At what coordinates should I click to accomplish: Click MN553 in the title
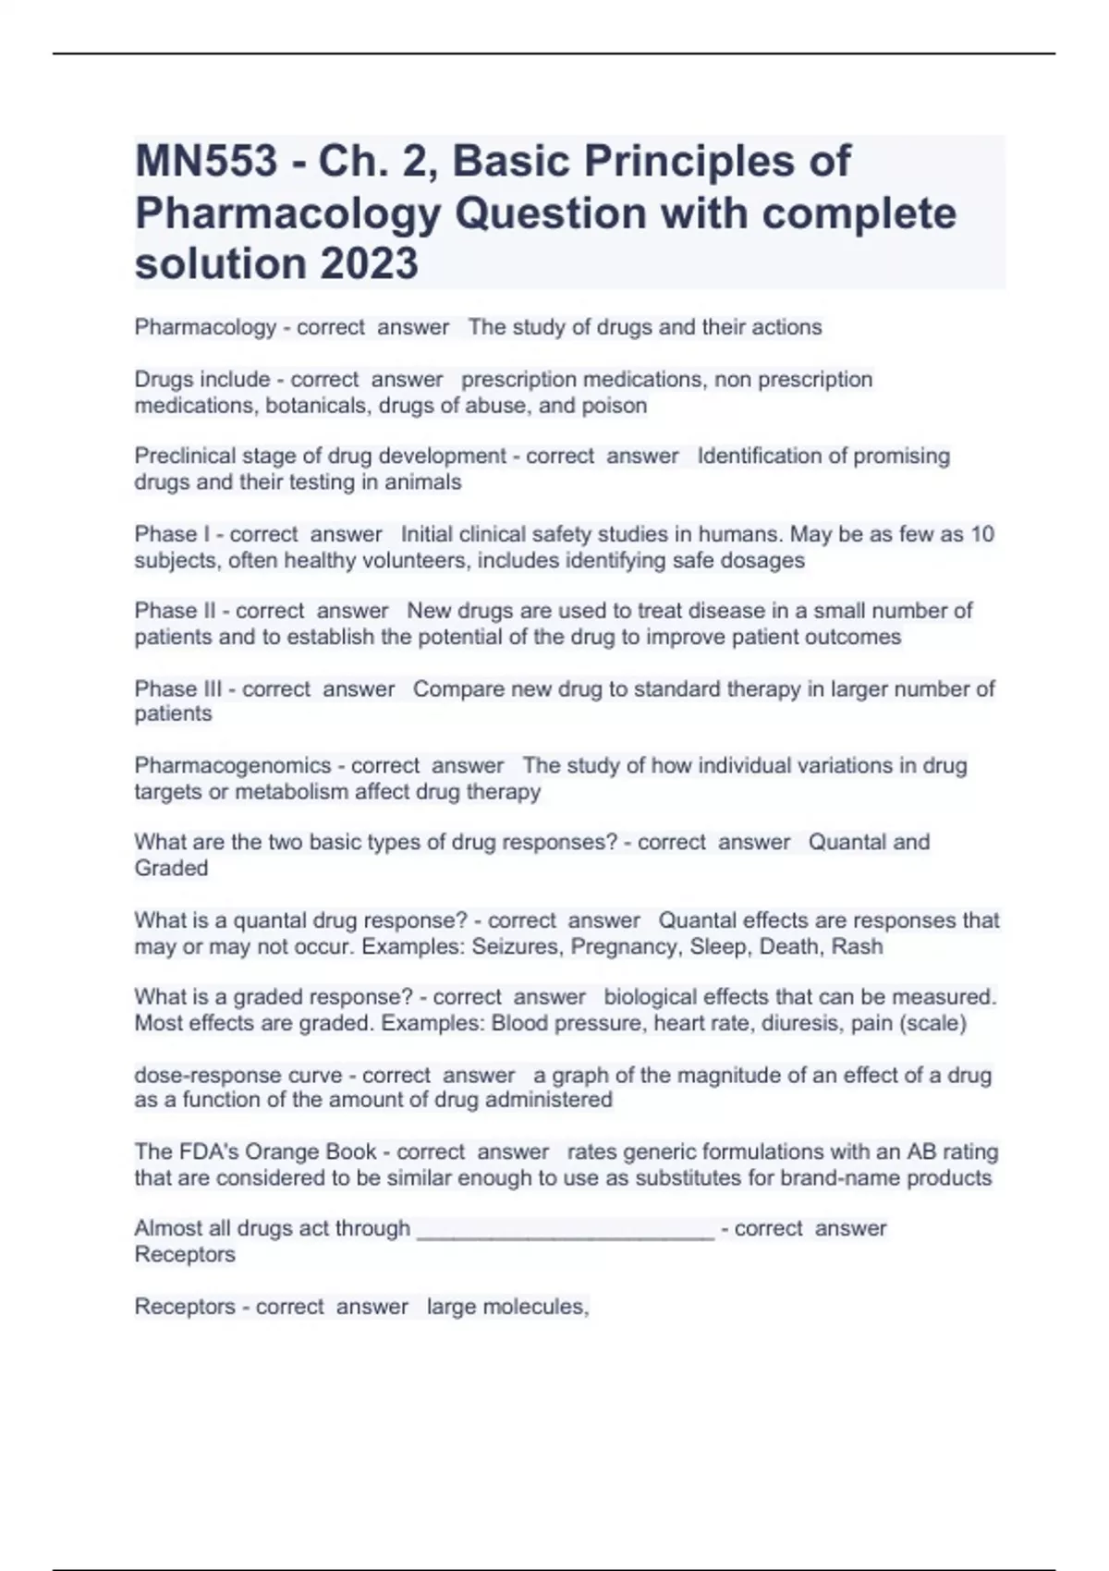206,162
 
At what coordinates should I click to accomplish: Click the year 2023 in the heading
369,263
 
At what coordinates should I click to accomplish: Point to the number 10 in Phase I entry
983,534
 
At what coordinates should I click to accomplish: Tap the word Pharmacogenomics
232,766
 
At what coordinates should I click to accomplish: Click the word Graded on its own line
171,869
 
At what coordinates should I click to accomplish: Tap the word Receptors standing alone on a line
185,1255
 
